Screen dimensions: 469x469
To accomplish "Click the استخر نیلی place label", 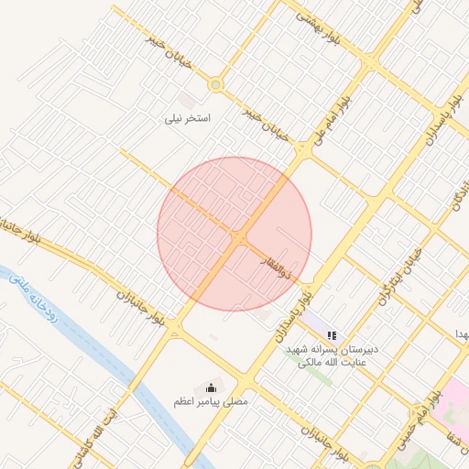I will (188, 118).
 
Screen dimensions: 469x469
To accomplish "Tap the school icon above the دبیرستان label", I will (332, 336).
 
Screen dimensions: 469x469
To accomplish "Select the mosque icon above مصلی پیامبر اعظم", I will (213, 387).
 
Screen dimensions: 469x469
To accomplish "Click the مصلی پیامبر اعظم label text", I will (212, 401).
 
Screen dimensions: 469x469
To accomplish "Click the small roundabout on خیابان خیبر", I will (215, 85).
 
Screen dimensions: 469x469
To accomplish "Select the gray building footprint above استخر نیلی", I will (188, 98).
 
